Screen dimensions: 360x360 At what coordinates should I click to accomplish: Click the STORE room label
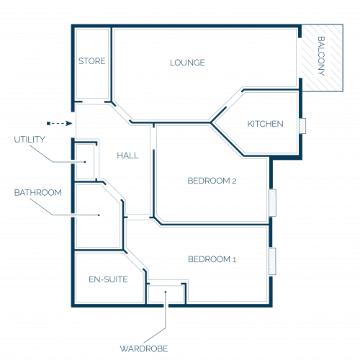pos(91,61)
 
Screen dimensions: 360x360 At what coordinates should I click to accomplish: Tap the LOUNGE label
pos(187,63)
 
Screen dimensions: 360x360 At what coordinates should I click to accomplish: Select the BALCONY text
pos(321,56)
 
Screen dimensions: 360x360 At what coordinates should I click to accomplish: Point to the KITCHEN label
pos(265,124)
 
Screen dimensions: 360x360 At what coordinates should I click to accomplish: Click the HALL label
pos(127,156)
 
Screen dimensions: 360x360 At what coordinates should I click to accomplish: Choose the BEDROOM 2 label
pos(212,181)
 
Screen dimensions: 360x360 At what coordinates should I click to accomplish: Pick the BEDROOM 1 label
pos(212,259)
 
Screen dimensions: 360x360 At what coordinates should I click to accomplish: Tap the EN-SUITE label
pos(108,279)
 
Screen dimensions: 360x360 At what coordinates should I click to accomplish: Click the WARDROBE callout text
pos(144,348)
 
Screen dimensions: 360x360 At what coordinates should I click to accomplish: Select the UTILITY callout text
pos(30,140)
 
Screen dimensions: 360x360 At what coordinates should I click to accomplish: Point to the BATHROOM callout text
pos(38,192)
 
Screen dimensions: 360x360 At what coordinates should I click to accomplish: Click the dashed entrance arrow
pos(60,124)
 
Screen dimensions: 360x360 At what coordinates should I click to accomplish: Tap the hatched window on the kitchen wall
pos(302,126)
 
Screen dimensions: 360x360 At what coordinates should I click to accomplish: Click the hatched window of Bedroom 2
pos(272,203)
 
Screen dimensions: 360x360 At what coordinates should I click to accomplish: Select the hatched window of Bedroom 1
pos(272,261)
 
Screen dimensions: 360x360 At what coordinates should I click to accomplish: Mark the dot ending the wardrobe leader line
pos(166,292)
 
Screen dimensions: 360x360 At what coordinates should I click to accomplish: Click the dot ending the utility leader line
pos(85,162)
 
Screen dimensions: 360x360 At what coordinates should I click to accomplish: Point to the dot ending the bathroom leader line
pos(99,215)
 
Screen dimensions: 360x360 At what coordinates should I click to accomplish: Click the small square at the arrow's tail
pos(48,124)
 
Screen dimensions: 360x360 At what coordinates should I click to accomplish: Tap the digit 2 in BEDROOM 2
pos(234,181)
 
